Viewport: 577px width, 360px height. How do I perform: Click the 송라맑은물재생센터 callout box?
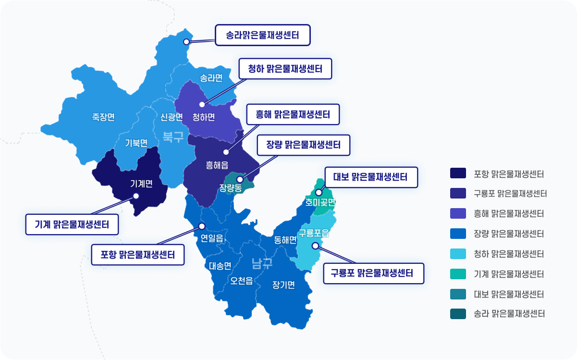click(262, 35)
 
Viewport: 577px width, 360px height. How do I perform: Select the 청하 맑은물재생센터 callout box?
click(286, 69)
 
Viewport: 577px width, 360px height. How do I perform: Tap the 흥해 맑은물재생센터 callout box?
click(293, 114)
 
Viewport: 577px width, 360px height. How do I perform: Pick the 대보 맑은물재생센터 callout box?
click(370, 177)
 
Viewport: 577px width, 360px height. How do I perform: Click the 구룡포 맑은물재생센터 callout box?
click(373, 273)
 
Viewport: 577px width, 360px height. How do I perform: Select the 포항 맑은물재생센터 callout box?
click(138, 254)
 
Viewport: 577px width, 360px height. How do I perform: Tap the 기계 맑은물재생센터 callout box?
click(72, 224)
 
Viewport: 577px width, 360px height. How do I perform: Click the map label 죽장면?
click(103, 117)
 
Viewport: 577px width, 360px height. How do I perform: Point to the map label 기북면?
click(136, 143)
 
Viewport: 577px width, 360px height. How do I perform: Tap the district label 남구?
click(262, 263)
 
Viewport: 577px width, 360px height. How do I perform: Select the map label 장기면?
click(283, 285)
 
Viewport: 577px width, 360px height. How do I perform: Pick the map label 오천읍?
click(242, 281)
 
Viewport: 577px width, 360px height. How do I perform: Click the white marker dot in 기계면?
click(136, 196)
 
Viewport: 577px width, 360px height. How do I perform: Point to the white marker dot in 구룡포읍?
click(315, 246)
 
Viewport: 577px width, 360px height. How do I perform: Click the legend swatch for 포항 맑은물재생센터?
click(458, 173)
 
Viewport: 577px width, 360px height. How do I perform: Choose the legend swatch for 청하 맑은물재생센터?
click(458, 254)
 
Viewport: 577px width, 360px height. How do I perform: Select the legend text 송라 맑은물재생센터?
click(509, 314)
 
